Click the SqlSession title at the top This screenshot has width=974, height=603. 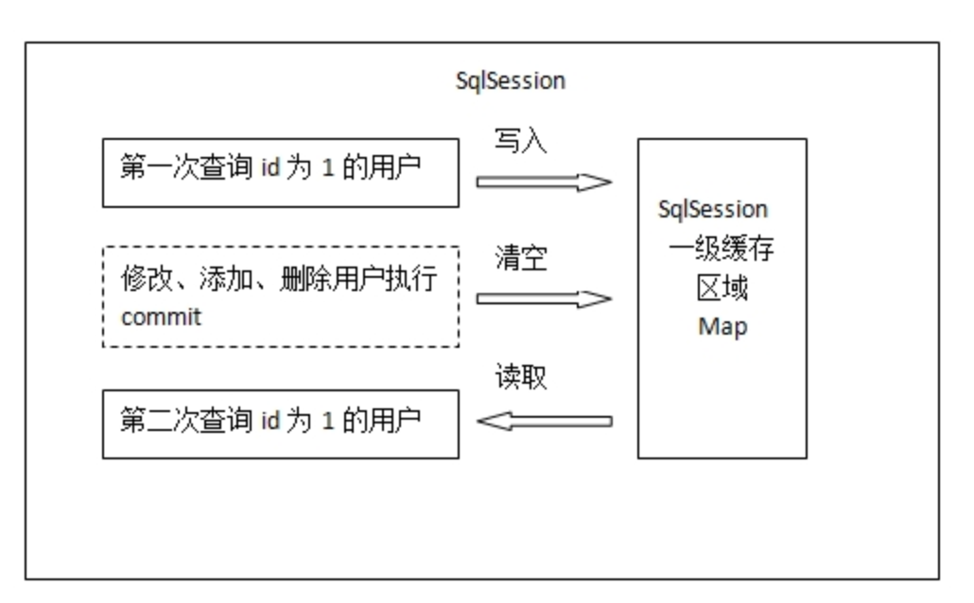[x=510, y=81]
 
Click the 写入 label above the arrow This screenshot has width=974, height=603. [x=520, y=141]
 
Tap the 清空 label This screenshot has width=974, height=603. [x=521, y=258]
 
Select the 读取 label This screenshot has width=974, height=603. [x=521, y=378]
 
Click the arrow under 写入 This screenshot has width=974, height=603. [x=544, y=182]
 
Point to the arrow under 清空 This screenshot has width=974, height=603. [x=544, y=300]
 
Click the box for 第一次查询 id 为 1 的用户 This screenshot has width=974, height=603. [x=280, y=173]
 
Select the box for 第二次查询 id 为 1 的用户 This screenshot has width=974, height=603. [x=280, y=424]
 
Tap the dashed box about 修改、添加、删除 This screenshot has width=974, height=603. [x=280, y=297]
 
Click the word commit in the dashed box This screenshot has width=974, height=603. [x=161, y=317]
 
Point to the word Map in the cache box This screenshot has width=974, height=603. [x=722, y=327]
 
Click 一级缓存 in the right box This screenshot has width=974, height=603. [x=722, y=250]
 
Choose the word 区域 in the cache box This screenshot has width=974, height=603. [x=722, y=288]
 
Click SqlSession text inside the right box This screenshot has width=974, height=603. [x=713, y=210]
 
